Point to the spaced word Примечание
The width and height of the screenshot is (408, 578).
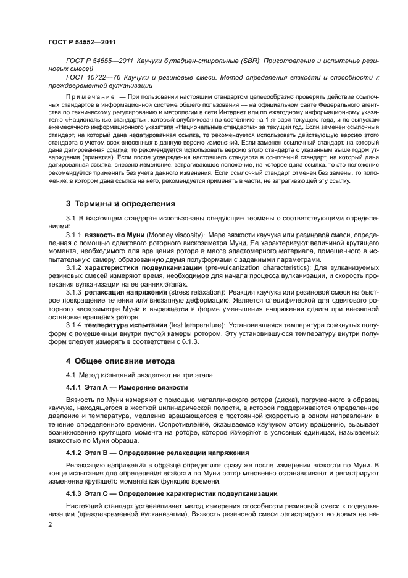[x=90, y=97]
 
